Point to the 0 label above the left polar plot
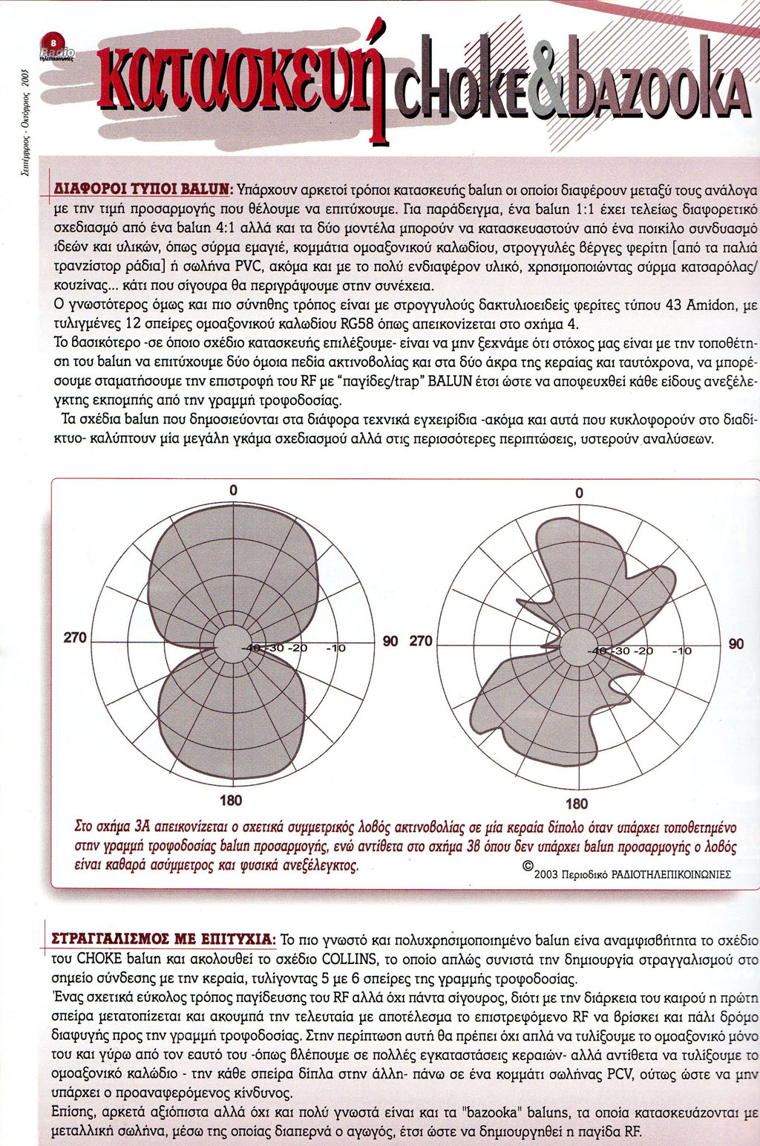point(234,490)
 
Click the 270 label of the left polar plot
point(75,637)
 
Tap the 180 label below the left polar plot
point(231,800)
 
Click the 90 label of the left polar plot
point(390,640)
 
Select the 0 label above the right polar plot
point(579,493)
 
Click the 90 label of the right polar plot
point(736,644)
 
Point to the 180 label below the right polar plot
point(577,803)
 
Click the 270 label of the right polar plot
point(421,640)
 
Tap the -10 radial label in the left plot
point(335,648)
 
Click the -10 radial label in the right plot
point(681,651)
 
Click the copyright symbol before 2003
point(528,866)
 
